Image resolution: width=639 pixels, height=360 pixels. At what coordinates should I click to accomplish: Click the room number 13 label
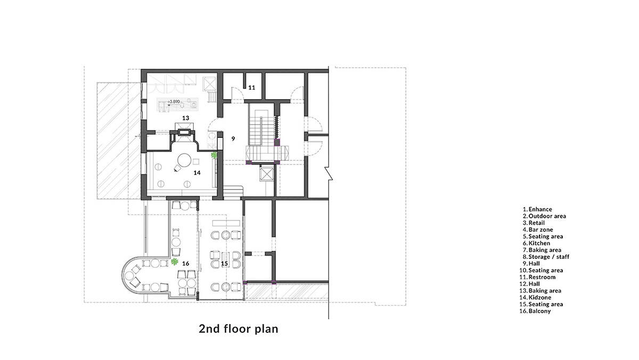pyautogui.click(x=186, y=118)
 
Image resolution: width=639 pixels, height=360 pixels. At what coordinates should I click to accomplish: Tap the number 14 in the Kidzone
pyautogui.click(x=197, y=173)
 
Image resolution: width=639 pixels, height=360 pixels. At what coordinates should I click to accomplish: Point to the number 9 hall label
pyautogui.click(x=233, y=138)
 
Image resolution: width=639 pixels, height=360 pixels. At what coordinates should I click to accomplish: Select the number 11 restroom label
pyautogui.click(x=251, y=87)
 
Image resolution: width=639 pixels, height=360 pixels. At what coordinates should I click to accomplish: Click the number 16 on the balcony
pyautogui.click(x=186, y=264)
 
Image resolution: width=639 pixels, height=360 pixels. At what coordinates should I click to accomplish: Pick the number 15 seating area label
pyautogui.click(x=225, y=264)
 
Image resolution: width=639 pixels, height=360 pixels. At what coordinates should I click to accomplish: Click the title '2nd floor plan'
pyautogui.click(x=239, y=329)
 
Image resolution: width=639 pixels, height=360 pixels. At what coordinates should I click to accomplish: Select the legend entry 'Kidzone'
pyautogui.click(x=540, y=298)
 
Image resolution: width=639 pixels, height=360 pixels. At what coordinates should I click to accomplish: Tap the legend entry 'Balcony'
pyautogui.click(x=539, y=311)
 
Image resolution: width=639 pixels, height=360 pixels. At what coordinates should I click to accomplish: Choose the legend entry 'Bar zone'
pyautogui.click(x=540, y=230)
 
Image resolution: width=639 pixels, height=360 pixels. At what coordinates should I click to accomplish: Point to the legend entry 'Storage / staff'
pyautogui.click(x=549, y=257)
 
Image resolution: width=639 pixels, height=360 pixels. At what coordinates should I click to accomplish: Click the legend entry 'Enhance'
pyautogui.click(x=540, y=209)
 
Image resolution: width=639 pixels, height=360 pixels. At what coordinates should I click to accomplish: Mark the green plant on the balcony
pyautogui.click(x=174, y=261)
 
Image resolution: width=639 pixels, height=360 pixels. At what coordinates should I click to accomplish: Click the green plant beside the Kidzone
pyautogui.click(x=214, y=155)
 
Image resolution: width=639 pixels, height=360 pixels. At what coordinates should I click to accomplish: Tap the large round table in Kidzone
pyautogui.click(x=184, y=160)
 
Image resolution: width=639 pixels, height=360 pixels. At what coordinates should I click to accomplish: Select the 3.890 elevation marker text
pyautogui.click(x=174, y=102)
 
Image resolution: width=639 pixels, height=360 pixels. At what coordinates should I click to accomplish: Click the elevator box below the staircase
pyautogui.click(x=267, y=174)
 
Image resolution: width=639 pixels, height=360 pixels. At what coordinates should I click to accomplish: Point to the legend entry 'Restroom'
pyautogui.click(x=542, y=277)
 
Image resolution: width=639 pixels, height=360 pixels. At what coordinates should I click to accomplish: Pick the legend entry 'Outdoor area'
pyautogui.click(x=547, y=216)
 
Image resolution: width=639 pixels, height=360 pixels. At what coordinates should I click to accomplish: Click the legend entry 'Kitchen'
pyautogui.click(x=539, y=243)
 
